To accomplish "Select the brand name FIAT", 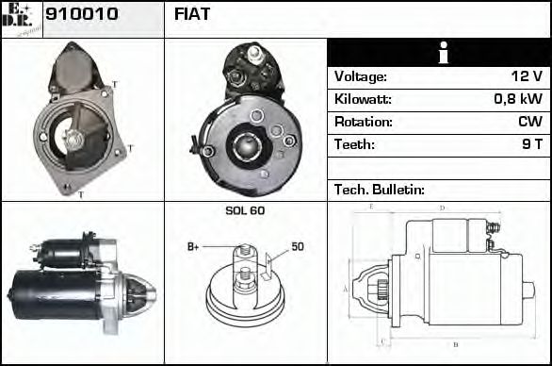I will [x=192, y=14].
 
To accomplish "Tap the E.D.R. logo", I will [x=21, y=18].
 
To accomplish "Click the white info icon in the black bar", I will [x=440, y=53].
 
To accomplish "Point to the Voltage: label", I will [x=361, y=76].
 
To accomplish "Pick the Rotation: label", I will [x=363, y=122].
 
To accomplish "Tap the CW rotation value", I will [x=529, y=122].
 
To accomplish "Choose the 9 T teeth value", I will [x=531, y=144].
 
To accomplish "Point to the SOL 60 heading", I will [x=245, y=210].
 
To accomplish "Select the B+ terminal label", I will [x=193, y=247].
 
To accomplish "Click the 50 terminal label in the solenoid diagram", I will [x=297, y=247].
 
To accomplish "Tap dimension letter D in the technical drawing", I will [x=442, y=208].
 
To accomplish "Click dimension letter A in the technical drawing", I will [x=346, y=288].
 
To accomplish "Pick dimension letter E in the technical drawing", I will [x=372, y=206].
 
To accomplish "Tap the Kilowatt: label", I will [x=363, y=99].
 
